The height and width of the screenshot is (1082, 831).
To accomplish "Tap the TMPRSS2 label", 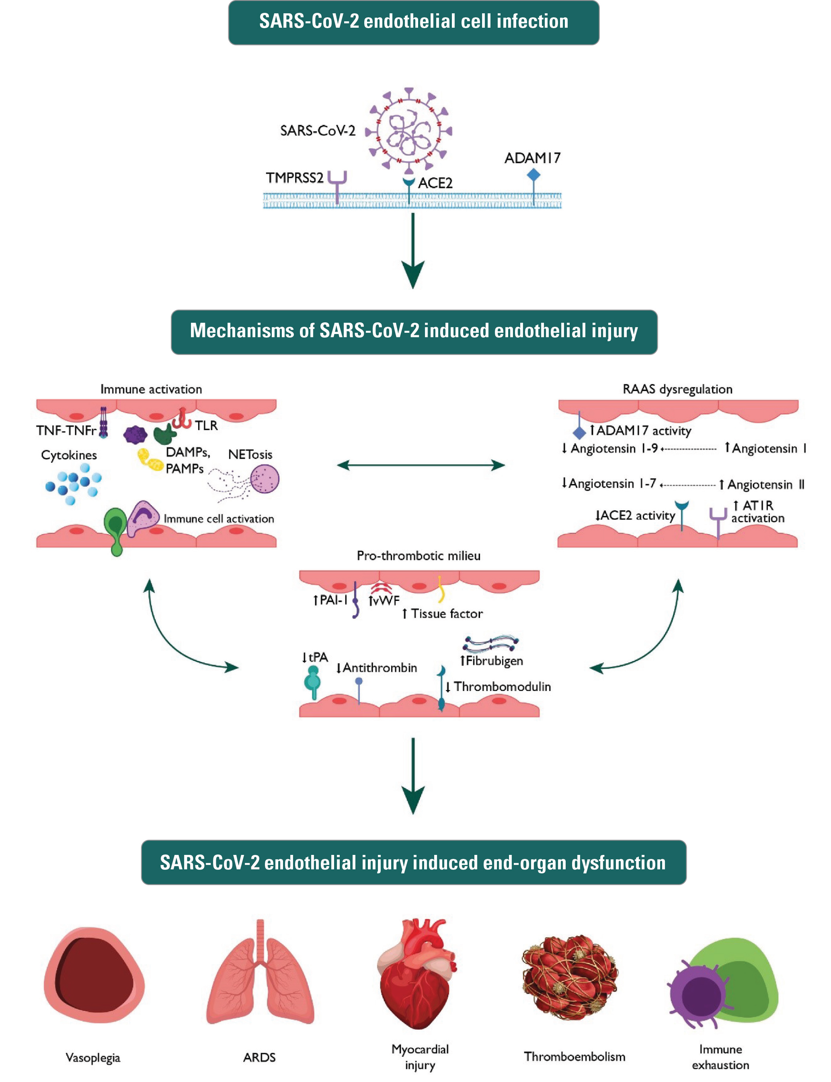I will tap(294, 177).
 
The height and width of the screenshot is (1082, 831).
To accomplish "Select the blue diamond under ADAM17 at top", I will tap(533, 175).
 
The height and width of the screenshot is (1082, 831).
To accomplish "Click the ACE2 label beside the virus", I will tap(435, 183).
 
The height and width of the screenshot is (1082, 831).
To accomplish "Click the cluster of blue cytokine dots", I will tap(73, 482).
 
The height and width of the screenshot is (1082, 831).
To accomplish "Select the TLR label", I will tap(206, 425).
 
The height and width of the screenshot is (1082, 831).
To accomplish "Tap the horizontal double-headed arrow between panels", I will tap(420, 465).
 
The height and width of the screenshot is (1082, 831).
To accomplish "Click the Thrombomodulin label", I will tap(502, 687).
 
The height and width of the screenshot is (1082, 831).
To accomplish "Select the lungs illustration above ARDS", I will tap(260, 976).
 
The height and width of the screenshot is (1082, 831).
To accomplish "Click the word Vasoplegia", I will tap(93, 1057).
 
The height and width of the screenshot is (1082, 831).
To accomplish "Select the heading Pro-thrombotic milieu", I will tap(419, 555).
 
